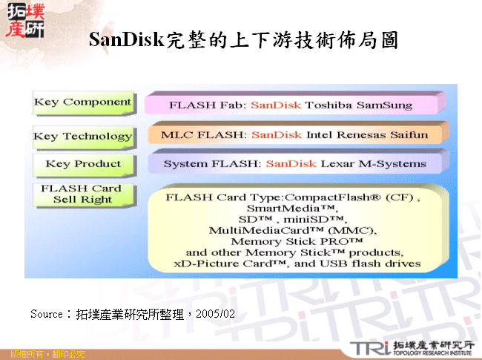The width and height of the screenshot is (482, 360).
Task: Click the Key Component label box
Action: point(82,102)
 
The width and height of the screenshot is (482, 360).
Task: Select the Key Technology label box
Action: point(82,136)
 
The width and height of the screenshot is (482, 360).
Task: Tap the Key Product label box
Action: point(82,164)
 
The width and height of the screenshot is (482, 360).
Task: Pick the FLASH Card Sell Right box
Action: point(82,194)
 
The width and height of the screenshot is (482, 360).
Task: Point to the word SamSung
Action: point(384,105)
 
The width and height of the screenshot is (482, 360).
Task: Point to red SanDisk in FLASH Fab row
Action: point(275,105)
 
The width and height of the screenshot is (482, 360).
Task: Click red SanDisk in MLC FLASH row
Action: point(276,135)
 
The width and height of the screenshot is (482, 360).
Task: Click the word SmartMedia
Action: point(289,209)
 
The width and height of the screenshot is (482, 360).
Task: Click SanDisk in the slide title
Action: point(125,39)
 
